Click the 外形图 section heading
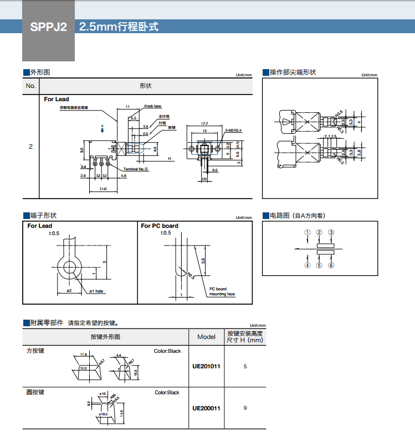coord(39,72)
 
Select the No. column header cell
coord(30,86)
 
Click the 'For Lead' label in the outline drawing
coord(57,99)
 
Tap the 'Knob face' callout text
coord(153,106)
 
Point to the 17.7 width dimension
coord(204,123)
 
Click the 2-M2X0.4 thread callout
coord(234,131)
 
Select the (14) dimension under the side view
coord(103,189)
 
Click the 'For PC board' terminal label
coord(160,226)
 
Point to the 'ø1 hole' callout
coord(97,291)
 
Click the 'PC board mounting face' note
coord(222,291)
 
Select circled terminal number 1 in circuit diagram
coord(308,233)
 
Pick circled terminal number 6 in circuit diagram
coord(331,265)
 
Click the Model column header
coord(206,337)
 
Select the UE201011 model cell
coord(206,366)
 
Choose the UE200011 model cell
coord(206,408)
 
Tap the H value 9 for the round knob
coord(244,408)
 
